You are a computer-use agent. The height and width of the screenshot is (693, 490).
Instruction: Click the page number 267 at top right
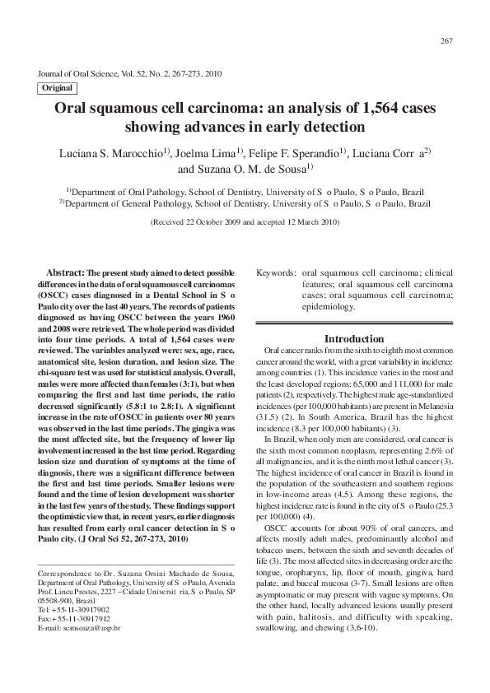(448, 41)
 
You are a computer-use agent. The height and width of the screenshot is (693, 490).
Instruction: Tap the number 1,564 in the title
(362, 109)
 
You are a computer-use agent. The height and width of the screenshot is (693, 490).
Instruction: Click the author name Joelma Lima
(209, 154)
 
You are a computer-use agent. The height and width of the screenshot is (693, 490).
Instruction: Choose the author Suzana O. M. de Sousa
(243, 170)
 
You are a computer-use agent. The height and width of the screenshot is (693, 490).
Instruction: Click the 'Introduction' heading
(353, 338)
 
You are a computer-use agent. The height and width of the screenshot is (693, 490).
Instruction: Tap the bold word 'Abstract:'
(66, 272)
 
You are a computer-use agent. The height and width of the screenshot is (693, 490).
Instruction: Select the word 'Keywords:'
(276, 272)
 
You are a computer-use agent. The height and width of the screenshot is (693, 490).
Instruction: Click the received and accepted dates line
(245, 222)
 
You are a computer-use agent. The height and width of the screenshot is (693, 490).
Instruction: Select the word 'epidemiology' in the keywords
(329, 307)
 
